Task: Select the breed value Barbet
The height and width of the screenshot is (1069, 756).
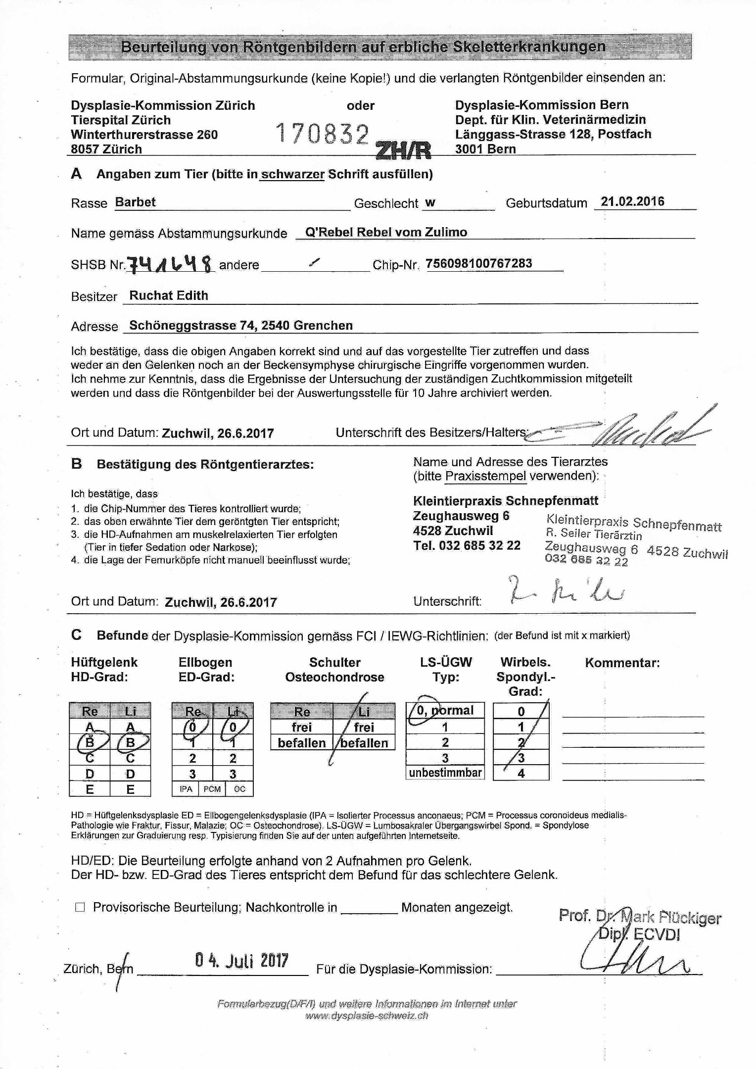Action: (135, 202)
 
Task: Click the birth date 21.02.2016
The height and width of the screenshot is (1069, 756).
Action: (632, 202)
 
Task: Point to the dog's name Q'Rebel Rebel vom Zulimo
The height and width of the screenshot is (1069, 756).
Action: (386, 232)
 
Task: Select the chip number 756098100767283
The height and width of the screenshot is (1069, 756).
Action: (479, 263)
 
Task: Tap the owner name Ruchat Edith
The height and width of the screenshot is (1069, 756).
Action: (168, 295)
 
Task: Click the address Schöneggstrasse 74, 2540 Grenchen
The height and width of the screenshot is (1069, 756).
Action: (240, 326)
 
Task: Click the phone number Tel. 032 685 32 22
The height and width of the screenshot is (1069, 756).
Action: (467, 545)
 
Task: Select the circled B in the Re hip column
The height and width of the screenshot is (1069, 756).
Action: (90, 742)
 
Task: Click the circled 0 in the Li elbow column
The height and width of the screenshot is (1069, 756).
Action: (233, 727)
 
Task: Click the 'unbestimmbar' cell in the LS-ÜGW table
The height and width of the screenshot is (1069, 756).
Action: (445, 773)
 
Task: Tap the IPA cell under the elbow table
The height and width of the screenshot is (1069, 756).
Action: (186, 789)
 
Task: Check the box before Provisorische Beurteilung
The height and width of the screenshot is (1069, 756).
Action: (80, 907)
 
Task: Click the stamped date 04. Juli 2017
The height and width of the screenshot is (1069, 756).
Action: (241, 961)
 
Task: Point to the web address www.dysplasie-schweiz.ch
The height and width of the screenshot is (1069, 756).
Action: (367, 1016)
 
